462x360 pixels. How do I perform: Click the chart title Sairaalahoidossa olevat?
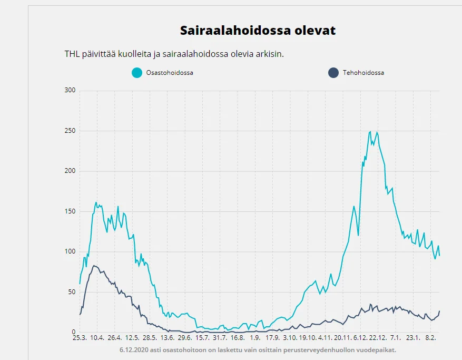pos(258,30)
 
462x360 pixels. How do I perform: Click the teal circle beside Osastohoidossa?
pos(137,73)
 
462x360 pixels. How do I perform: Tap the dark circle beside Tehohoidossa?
pos(333,73)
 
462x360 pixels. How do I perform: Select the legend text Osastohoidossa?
pos(169,73)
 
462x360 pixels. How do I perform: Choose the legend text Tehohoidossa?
pos(363,73)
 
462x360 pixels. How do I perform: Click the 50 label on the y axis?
pos(72,292)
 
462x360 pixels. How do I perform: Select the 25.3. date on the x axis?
pos(80,338)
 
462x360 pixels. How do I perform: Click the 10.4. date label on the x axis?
pos(97,338)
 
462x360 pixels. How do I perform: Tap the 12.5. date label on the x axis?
pos(132,338)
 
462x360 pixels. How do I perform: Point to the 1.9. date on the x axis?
pos(255,338)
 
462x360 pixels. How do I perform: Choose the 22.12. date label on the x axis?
pos(378,338)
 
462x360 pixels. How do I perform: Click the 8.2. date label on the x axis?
pos(430,338)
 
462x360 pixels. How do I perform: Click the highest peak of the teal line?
pos(370,132)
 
